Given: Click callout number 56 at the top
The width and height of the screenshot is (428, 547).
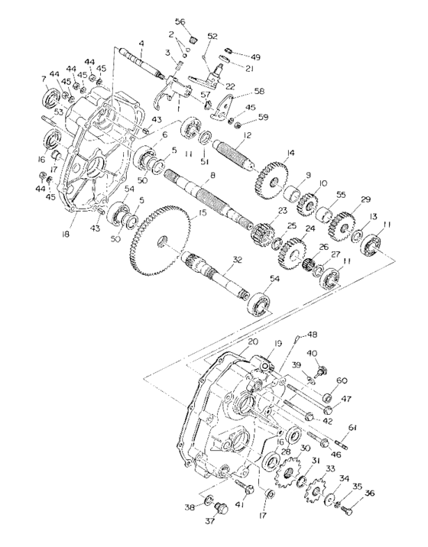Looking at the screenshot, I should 180,21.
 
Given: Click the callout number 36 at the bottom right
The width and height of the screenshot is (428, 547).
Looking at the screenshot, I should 370,494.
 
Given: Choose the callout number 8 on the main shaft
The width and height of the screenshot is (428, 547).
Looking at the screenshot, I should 212,176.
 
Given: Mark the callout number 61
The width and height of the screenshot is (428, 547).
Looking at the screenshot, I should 352,426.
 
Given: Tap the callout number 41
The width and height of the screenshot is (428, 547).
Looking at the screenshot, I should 239,505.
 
